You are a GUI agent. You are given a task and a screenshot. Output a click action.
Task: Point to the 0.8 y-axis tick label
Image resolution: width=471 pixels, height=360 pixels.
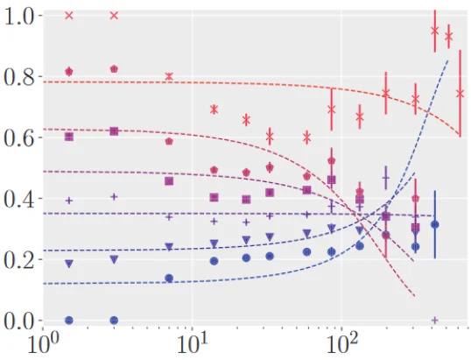18,77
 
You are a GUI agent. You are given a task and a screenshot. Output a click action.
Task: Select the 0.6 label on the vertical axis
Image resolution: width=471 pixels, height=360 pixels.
18,138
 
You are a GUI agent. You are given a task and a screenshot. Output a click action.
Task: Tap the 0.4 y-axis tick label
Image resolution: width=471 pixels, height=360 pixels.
18,199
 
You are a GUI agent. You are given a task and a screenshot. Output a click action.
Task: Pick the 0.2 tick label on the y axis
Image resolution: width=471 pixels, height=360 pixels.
18,259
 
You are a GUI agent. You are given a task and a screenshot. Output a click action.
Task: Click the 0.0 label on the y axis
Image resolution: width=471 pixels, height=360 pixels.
18,320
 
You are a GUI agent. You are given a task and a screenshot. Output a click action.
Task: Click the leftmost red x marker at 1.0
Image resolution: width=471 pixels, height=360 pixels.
69,16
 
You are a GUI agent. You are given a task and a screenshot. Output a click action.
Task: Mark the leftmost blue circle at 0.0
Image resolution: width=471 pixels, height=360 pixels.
69,320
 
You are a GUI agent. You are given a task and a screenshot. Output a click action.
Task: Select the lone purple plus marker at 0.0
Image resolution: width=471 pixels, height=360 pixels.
435,320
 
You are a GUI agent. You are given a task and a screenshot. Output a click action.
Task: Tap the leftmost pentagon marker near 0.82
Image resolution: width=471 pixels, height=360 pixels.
69,71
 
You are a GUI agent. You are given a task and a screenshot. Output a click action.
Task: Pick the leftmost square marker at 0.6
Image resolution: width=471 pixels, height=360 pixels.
69,137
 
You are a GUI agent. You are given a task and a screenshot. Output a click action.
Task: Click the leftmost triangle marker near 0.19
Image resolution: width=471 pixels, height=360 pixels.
69,263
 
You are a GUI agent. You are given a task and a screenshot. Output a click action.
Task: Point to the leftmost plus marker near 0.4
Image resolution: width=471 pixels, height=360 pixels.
69,200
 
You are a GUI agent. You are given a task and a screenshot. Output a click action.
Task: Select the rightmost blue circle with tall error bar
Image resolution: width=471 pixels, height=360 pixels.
435,224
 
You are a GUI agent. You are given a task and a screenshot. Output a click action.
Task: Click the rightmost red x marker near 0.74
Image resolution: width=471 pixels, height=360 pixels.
460,94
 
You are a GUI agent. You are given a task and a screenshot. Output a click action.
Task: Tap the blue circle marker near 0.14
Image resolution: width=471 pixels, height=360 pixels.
169,278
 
